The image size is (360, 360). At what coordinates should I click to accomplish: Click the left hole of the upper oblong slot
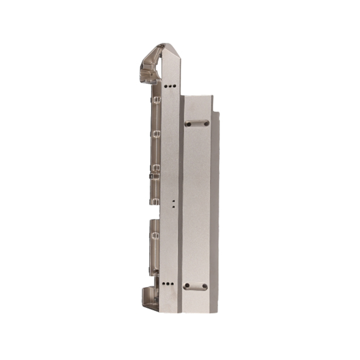tap(188, 122)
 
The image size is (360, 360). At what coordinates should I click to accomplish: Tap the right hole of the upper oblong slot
tap(205, 122)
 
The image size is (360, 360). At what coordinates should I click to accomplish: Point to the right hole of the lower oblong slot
tap(205, 286)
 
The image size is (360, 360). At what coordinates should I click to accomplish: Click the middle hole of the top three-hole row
tap(170, 85)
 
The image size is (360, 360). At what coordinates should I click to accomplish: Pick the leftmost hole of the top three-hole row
tap(166, 85)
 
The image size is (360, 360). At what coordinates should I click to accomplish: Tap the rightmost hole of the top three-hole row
tap(174, 85)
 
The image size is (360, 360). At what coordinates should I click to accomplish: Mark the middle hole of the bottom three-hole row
tap(167, 284)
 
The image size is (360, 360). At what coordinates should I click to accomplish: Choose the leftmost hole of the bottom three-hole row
tap(163, 284)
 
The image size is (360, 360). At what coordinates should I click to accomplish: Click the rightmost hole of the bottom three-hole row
tap(171, 284)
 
